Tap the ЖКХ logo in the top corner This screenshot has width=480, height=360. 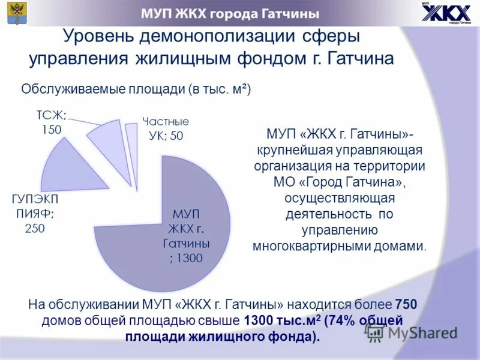pyautogui.click(x=445, y=14)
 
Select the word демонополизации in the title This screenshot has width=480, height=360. pyautogui.click(x=216, y=37)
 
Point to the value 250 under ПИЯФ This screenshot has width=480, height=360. pyautogui.click(x=34, y=228)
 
